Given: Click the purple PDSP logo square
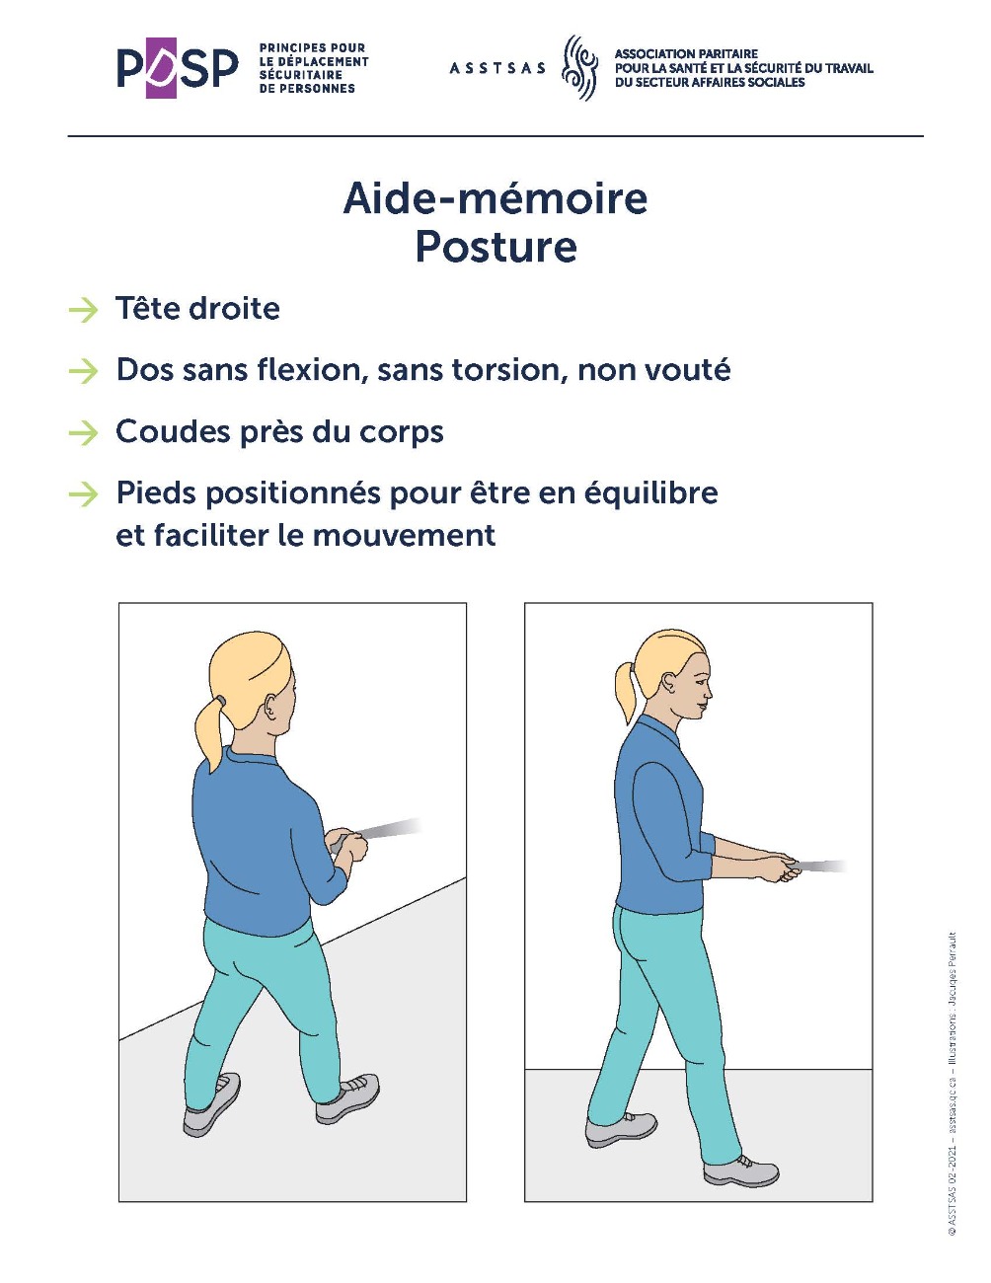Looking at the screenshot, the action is pos(161,67).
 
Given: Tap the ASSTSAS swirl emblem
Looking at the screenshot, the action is pos(579,67).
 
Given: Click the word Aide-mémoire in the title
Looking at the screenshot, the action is pos(495,198).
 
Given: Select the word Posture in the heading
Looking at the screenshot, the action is pos(495,247).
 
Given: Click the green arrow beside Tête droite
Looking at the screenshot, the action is pos(83,310).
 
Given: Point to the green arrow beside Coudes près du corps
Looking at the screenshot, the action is pos(83,433).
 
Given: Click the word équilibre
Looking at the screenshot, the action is pos(650,493).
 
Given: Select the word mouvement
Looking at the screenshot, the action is pos(404,536).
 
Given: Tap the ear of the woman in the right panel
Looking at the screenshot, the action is pos(669,685).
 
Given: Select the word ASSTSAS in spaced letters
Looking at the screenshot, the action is pos(497,68).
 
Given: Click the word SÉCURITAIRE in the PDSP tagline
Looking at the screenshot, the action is pos(300,75).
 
